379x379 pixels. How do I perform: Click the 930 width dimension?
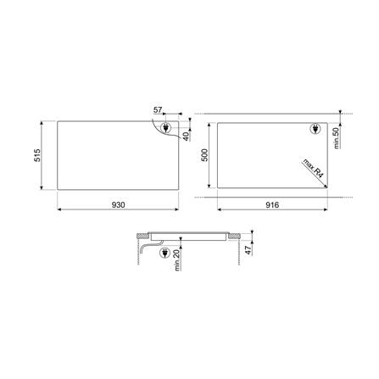tap(118, 205)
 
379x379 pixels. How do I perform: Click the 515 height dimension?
tap(37, 155)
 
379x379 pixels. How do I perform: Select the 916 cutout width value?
tap(272, 205)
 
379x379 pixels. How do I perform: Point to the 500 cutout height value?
tap(204, 155)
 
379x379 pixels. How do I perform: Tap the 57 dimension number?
tap(158, 110)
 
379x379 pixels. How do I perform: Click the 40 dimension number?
tap(186, 137)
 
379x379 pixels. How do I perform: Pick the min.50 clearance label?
tap(336, 138)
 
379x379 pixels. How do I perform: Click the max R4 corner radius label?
tap(313, 168)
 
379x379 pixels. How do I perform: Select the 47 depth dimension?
tap(248, 250)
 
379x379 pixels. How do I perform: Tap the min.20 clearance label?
tap(177, 261)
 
